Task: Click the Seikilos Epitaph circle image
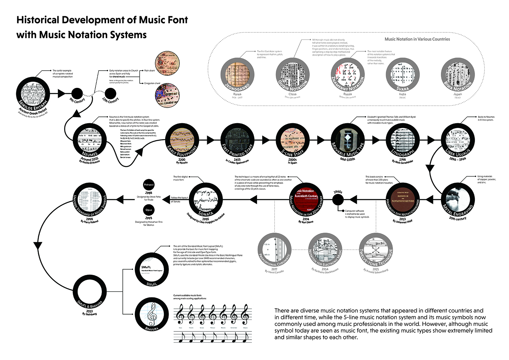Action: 33,94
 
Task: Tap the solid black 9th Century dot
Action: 77,94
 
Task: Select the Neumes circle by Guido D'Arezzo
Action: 90,140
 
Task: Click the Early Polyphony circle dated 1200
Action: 182,140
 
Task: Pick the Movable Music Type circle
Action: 347,140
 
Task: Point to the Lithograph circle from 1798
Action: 402,140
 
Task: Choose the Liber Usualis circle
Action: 457,140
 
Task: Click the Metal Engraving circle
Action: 457,200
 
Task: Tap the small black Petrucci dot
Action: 149,185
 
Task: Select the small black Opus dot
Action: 149,210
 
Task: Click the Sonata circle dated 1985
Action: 206,200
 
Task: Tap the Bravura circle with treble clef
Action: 152,314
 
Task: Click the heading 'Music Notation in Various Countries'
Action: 417,39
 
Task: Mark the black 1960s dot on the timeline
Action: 338,200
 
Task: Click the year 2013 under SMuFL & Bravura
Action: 89,311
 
